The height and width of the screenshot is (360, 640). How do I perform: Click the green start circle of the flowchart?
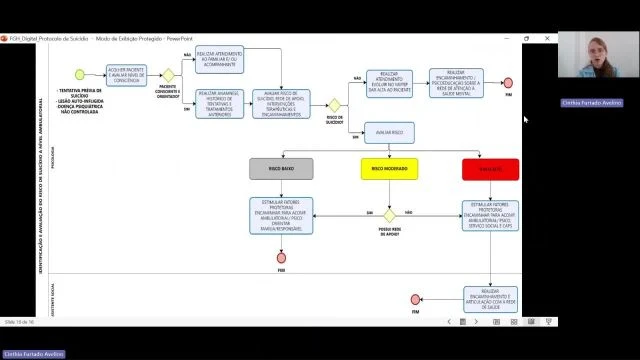pyautogui.click(x=79, y=74)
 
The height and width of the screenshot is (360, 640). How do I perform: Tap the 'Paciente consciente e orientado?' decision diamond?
pyautogui.click(x=169, y=74)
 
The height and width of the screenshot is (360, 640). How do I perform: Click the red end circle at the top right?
pyautogui.click(x=508, y=82)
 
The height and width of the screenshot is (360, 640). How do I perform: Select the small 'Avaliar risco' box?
pyautogui.click(x=389, y=131)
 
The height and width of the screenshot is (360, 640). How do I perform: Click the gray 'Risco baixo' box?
pyautogui.click(x=281, y=169)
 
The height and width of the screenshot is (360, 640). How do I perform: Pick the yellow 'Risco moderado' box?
pyautogui.click(x=388, y=169)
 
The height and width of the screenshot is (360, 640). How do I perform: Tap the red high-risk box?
pyautogui.click(x=490, y=169)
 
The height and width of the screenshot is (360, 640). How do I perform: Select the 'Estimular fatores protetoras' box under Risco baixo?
pyautogui.click(x=281, y=216)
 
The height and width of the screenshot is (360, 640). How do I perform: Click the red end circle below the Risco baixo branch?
pyautogui.click(x=281, y=257)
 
